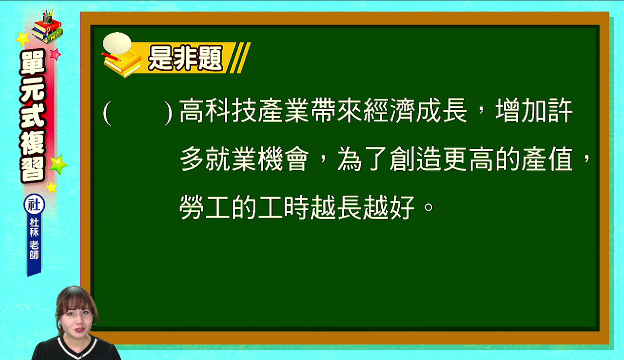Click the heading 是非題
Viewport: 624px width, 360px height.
[x=186, y=58]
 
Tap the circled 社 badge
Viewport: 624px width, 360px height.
[x=34, y=204]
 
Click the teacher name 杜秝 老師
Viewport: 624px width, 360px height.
[x=34, y=239]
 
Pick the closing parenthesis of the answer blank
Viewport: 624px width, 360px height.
[x=168, y=113]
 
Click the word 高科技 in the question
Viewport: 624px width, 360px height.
[x=218, y=111]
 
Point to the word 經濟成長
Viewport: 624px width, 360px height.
[x=402, y=111]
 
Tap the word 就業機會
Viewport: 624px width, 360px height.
[x=257, y=159]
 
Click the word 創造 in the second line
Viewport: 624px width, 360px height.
[x=416, y=159]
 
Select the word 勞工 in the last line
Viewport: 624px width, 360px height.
[x=205, y=207]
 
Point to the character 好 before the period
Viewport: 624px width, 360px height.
[x=403, y=207]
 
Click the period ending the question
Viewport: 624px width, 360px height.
[x=428, y=207]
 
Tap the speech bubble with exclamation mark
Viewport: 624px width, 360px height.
[x=117, y=43]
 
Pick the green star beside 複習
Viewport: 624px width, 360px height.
[x=58, y=164]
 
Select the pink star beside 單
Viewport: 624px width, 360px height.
[x=56, y=54]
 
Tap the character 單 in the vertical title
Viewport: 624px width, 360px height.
[x=33, y=63]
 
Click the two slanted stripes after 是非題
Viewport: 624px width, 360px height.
[x=239, y=58]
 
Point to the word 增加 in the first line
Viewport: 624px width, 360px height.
[x=508, y=111]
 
